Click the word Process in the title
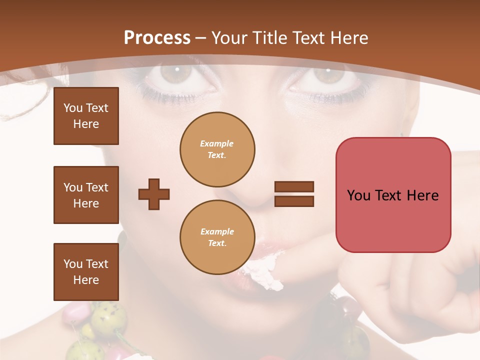click(157, 37)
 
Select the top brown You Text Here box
click(86, 116)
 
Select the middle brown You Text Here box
click(86, 195)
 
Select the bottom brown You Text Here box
click(86, 271)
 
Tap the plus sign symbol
click(154, 194)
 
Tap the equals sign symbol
click(294, 194)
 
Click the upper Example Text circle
click(217, 149)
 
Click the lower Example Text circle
click(217, 237)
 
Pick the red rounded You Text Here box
click(393, 195)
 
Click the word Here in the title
click(348, 37)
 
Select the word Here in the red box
click(422, 195)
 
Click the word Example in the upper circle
click(217, 143)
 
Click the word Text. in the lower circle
click(217, 243)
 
